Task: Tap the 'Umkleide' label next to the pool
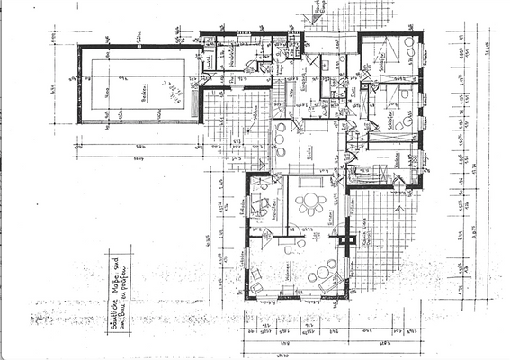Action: [208, 60]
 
